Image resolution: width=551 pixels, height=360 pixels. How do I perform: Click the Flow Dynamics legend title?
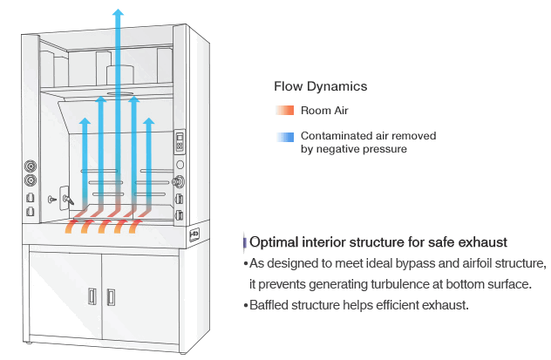pos(320,86)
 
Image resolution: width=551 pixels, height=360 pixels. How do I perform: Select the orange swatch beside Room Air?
pos(285,111)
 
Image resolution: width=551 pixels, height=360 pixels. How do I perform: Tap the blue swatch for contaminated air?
pos(285,137)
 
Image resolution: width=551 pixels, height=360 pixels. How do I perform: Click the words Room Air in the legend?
pos(324,111)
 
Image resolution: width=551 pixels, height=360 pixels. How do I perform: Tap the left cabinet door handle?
pos(92,296)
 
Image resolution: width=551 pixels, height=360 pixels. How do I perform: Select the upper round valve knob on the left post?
pos(31,166)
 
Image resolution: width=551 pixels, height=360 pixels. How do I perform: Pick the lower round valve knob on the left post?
pos(31,181)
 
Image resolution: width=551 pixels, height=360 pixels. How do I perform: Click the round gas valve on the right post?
pos(180,182)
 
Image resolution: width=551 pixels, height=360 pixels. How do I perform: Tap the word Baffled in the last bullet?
pos(269,304)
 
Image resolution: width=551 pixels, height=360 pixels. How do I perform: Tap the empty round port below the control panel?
pos(180,164)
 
